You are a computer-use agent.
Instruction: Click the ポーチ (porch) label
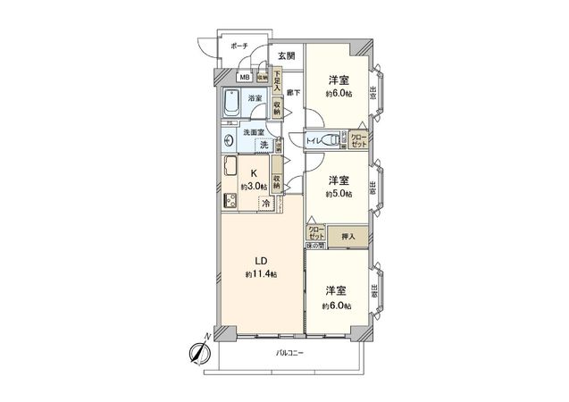238,45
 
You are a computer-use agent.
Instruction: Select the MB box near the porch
243,78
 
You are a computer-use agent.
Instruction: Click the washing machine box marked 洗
265,145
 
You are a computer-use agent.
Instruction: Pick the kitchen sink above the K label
229,166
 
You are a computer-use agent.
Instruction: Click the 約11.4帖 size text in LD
262,273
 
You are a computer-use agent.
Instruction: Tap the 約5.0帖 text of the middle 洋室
337,193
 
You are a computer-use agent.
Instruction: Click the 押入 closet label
348,237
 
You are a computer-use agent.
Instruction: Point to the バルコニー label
289,353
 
